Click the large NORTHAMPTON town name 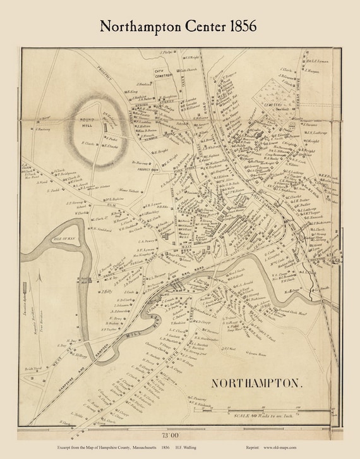[x=252, y=384]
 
